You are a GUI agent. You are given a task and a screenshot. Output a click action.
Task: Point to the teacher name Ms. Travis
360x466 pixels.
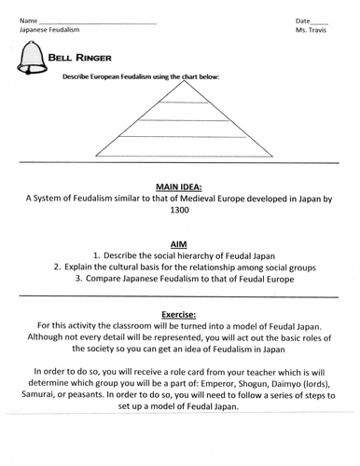(x=312, y=31)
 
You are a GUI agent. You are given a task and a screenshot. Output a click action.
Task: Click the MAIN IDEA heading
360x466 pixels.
(x=180, y=186)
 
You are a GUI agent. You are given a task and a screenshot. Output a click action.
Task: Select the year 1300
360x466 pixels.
(x=180, y=211)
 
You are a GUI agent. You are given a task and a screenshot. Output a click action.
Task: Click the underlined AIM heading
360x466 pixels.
(x=180, y=241)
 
